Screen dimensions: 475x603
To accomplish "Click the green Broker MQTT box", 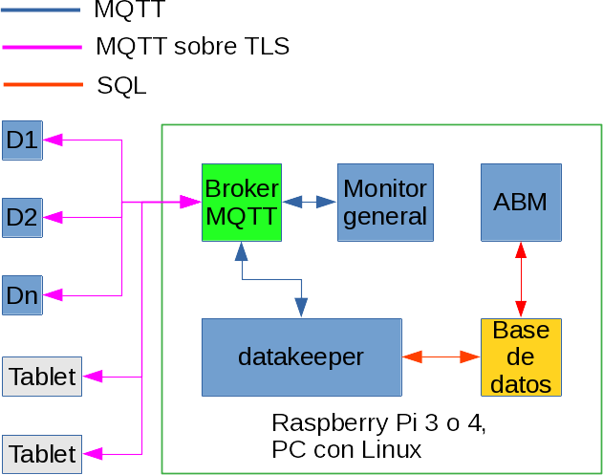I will coord(240,202).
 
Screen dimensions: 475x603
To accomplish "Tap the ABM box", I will coord(520,202).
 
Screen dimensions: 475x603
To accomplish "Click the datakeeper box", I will coord(301,356).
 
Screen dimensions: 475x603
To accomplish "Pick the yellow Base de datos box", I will coord(520,356).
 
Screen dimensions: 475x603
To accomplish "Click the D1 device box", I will coord(21,140).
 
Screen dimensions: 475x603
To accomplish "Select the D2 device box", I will coord(21,218).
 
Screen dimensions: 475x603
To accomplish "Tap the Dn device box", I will coord(21,294).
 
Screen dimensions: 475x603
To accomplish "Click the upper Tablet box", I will coord(42,376).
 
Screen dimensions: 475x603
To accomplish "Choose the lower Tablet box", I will coord(42,453).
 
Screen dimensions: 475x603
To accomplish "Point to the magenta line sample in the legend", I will coord(43,46).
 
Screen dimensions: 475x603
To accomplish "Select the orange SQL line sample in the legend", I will coord(43,85).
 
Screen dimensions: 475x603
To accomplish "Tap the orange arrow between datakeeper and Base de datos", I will coord(441,356).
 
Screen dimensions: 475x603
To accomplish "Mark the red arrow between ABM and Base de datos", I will coord(521,278).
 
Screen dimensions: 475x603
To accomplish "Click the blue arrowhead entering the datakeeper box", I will coord(301,309).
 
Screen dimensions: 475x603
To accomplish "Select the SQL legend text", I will coord(121,85).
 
